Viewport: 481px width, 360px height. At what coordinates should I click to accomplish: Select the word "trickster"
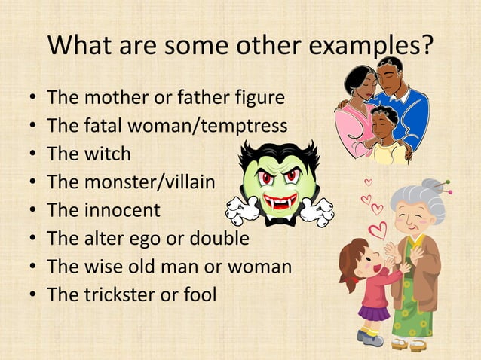coord(118,294)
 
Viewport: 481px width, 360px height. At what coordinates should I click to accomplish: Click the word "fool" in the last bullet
coord(198,294)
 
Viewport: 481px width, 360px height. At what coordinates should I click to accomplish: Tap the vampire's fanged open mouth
coord(280,203)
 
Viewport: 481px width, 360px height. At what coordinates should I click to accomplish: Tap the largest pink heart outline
coord(378,230)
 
